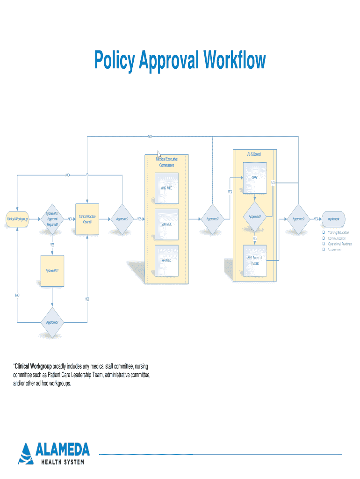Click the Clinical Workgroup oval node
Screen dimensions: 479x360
point(17,218)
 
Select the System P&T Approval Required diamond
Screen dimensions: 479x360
point(52,218)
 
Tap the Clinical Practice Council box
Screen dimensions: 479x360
point(87,218)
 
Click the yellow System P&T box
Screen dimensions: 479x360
point(52,271)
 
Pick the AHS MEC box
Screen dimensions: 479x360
point(166,188)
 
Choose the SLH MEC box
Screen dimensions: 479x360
point(166,224)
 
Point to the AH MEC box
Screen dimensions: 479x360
point(166,260)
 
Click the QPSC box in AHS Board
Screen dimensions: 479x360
point(255,178)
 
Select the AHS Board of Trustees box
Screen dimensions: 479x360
point(255,260)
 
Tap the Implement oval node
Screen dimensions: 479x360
point(333,218)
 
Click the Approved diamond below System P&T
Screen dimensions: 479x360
point(52,322)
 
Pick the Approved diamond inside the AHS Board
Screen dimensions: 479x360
point(255,217)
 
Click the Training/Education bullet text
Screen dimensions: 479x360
point(338,232)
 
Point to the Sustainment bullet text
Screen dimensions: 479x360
point(335,250)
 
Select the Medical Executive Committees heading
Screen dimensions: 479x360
point(166,162)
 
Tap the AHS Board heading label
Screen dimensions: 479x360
point(254,154)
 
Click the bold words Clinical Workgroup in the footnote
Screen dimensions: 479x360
point(33,365)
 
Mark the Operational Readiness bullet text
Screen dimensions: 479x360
point(340,244)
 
